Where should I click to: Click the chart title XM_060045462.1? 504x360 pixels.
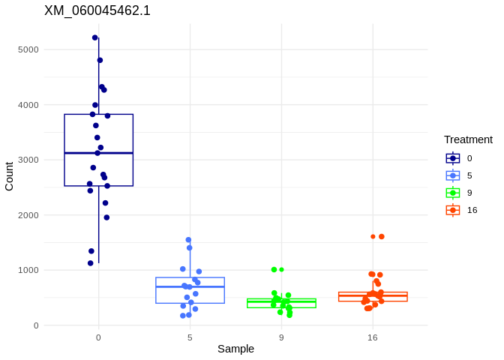click(97, 10)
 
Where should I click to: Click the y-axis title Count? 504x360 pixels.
click(9, 176)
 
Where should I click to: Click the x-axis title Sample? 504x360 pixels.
click(235, 349)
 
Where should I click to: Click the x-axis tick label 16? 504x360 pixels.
click(373, 337)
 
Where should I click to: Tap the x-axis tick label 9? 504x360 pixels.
click(281, 337)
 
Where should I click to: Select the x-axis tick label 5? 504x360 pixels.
click(190, 337)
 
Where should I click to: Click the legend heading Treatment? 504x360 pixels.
click(468, 139)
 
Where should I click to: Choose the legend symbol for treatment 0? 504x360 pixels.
click(453, 158)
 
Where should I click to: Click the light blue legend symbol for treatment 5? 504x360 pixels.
click(453, 175)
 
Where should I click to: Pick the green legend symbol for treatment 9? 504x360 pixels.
click(453, 193)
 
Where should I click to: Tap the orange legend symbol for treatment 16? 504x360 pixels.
click(453, 210)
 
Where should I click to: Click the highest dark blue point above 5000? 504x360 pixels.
click(95, 37)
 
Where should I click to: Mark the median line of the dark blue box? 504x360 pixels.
click(98, 153)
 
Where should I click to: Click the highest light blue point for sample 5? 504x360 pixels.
click(188, 240)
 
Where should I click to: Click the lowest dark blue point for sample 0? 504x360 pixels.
click(91, 263)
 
